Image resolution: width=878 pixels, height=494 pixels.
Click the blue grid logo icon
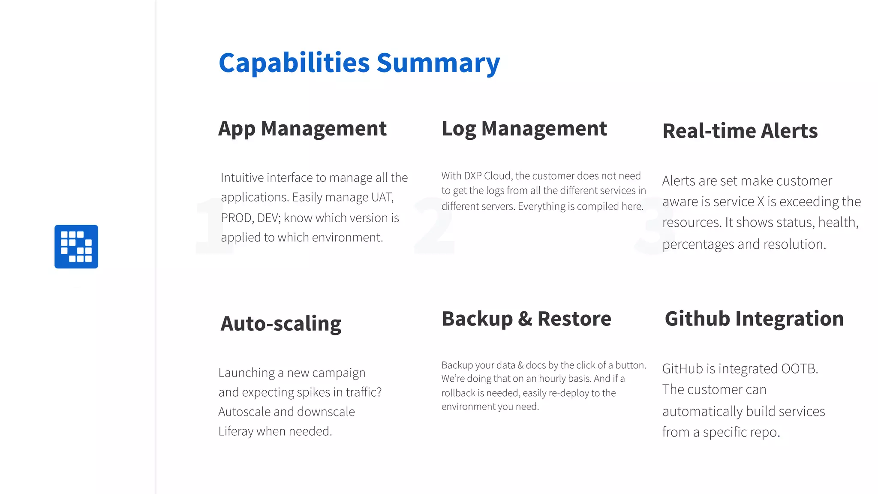click(x=76, y=247)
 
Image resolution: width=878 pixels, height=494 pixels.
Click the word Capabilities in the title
click(x=294, y=63)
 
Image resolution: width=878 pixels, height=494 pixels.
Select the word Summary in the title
click(x=438, y=63)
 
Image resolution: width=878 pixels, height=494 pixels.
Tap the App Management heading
click(x=302, y=129)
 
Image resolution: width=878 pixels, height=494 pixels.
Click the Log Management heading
click(x=524, y=129)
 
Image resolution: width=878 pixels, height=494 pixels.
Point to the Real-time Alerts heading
click(x=740, y=131)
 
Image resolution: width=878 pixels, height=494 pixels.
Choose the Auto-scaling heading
click(x=281, y=324)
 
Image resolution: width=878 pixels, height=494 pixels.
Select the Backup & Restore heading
click(x=526, y=319)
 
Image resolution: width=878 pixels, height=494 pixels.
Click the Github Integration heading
click(x=754, y=319)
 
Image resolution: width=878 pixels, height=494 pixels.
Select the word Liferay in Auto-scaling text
click(x=236, y=431)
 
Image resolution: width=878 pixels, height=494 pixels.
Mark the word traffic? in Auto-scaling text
click(x=364, y=392)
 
